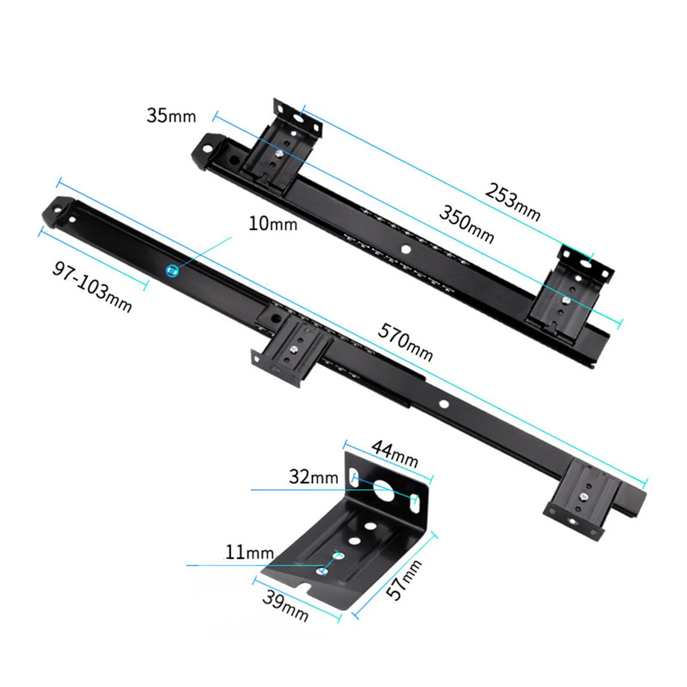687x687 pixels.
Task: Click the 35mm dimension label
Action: click(x=171, y=115)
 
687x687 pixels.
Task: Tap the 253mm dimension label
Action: click(x=513, y=202)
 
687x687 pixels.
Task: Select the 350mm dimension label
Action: click(x=467, y=224)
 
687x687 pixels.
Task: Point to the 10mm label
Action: click(x=273, y=223)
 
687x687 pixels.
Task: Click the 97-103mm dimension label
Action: click(x=92, y=286)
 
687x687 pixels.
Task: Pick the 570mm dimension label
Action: click(x=405, y=341)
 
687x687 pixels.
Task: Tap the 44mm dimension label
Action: click(x=394, y=454)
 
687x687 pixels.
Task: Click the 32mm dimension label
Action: click(x=314, y=477)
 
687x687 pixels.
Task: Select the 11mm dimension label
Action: click(x=250, y=552)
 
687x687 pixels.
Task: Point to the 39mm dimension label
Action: click(x=285, y=606)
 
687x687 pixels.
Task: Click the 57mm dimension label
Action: click(x=404, y=579)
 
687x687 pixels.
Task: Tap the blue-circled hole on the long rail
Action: click(x=172, y=271)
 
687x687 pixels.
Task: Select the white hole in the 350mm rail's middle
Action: click(x=406, y=250)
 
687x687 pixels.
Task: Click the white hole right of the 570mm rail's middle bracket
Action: click(x=444, y=403)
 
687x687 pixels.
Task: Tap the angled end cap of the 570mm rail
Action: click(x=59, y=211)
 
